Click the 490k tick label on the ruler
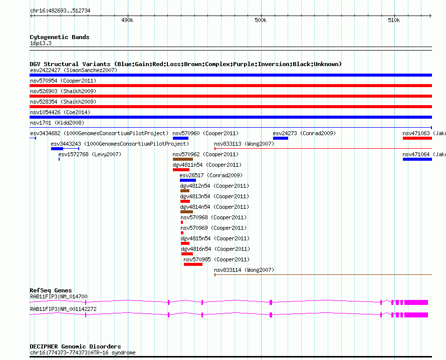(x=127, y=20)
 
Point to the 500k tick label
(x=261, y=20)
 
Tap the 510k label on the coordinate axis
(x=394, y=20)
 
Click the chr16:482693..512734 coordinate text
(x=60, y=11)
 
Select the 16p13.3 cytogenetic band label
(x=41, y=43)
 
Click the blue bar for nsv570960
(x=180, y=138)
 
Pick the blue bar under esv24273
(x=281, y=138)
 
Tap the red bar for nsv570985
(x=193, y=264)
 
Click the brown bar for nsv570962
(x=183, y=159)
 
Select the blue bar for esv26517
(x=188, y=180)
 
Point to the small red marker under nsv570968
(x=182, y=222)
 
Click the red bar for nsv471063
(x=417, y=138)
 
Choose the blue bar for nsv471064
(x=417, y=159)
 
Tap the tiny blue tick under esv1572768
(x=59, y=159)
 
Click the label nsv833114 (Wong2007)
(x=244, y=270)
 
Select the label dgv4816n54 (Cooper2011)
(x=215, y=249)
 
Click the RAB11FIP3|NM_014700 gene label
(x=59, y=296)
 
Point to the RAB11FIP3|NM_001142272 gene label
(x=63, y=309)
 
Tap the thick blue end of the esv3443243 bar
(x=57, y=149)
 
